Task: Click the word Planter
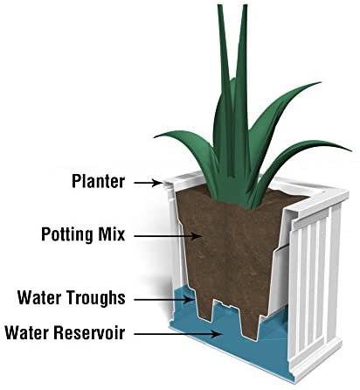(98, 181)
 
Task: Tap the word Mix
(111, 233)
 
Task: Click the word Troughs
(96, 298)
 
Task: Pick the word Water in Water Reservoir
(28, 332)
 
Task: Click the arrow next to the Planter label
(148, 183)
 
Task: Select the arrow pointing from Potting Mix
(168, 236)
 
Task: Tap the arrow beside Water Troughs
(163, 299)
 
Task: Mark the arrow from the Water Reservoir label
(177, 334)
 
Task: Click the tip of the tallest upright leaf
(246, 5)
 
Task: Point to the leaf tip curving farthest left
(155, 136)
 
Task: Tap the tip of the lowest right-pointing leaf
(351, 150)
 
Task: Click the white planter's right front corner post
(334, 273)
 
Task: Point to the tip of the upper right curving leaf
(321, 83)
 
